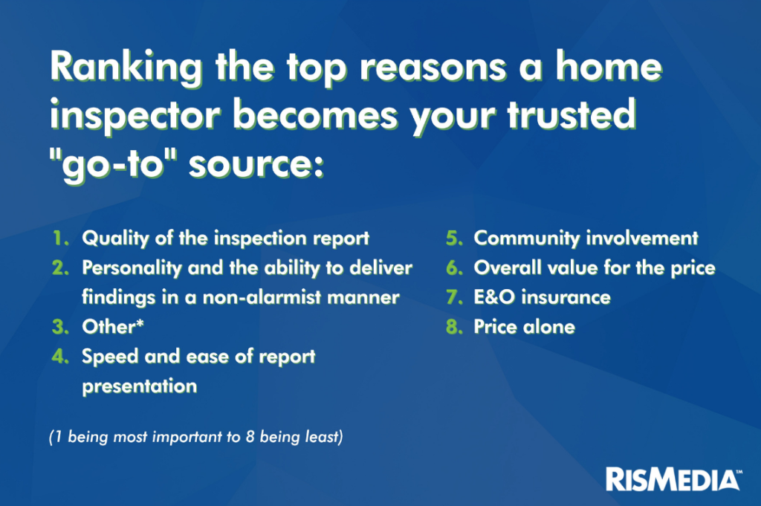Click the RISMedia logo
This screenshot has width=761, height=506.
tap(673, 479)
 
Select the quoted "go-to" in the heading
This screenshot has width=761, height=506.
tap(114, 165)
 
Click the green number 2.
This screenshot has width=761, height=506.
tap(61, 267)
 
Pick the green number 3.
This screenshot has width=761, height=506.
tap(61, 327)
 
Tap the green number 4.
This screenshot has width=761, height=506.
tap(61, 357)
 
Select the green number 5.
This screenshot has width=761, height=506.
tap(454, 239)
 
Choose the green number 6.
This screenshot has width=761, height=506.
tap(454, 267)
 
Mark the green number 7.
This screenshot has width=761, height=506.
tap(454, 297)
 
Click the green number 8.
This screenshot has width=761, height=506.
tap(454, 327)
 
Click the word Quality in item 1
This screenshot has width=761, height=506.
tap(115, 239)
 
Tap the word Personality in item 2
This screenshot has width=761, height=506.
tap(132, 268)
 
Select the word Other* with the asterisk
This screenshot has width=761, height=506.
tap(113, 326)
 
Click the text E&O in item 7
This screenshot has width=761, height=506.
tap(494, 297)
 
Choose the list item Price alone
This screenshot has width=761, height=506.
tap(525, 327)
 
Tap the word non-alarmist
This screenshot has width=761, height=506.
tap(262, 297)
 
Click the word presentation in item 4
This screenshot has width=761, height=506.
tap(139, 386)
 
